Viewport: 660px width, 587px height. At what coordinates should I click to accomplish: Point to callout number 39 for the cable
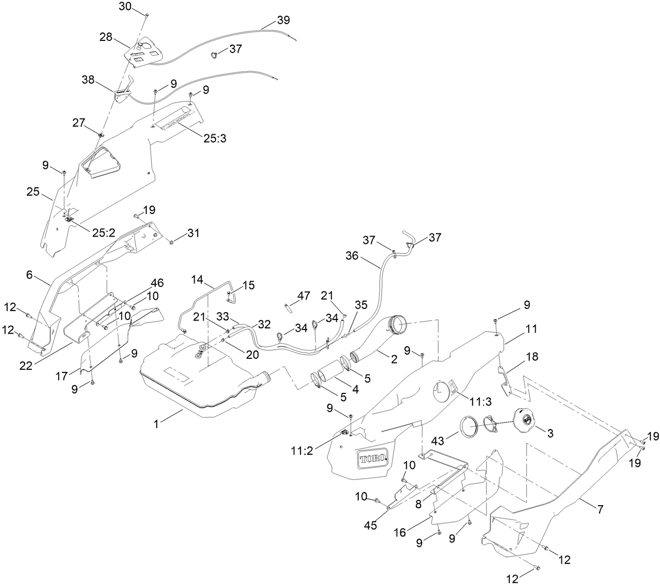283,20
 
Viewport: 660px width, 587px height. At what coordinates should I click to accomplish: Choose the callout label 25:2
103,233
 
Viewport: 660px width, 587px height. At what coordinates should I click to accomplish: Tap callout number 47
303,296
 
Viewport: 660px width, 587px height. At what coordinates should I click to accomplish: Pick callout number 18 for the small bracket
531,357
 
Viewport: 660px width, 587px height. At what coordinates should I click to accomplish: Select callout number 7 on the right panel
600,509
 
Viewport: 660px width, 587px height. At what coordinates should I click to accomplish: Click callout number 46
157,283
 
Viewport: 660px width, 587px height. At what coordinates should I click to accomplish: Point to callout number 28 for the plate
107,37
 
